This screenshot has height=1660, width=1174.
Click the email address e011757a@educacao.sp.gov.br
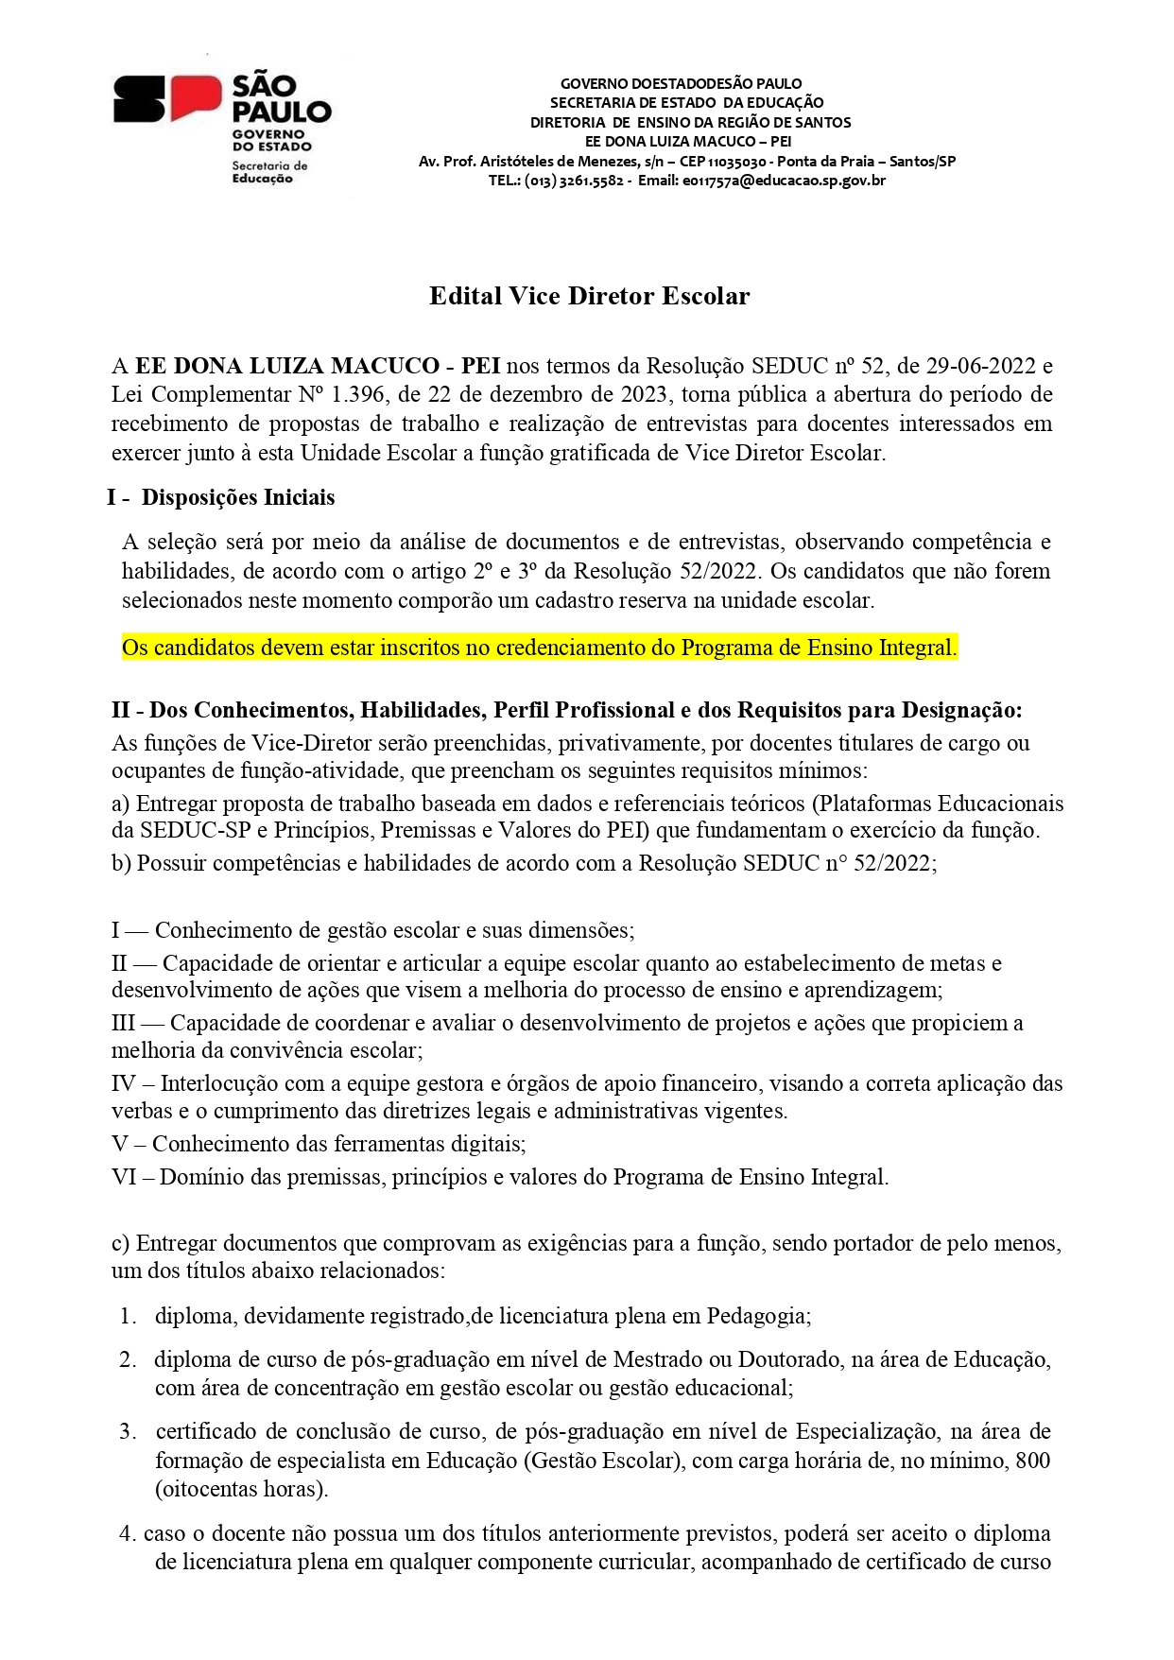[x=784, y=181]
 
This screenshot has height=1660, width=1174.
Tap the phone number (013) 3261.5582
[x=574, y=181]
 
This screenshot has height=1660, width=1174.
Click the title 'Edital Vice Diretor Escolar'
[x=589, y=296]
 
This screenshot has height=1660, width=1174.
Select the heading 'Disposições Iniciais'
[x=238, y=497]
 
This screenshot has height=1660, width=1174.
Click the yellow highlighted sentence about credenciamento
[x=539, y=648]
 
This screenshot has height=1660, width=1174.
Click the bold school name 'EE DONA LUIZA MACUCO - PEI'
[x=318, y=366]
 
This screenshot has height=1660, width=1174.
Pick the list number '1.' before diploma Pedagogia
[x=129, y=1316]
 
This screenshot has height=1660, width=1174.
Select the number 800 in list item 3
[x=1032, y=1461]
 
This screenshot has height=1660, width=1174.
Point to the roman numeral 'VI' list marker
[x=124, y=1177]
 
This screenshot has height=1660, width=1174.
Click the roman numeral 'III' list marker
[x=124, y=1023]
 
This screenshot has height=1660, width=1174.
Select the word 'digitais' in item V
[x=489, y=1144]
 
